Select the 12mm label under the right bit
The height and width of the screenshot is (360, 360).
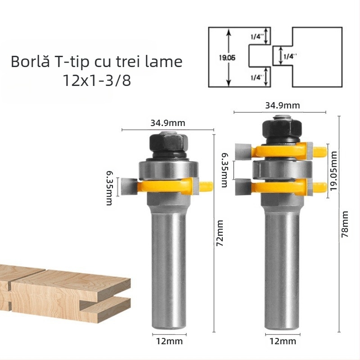[281, 342]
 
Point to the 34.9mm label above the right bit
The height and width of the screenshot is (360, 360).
[282, 106]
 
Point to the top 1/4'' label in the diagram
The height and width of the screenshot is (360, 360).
[256, 36]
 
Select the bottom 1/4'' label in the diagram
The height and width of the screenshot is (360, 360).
[256, 77]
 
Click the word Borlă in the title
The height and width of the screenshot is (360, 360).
[30, 62]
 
